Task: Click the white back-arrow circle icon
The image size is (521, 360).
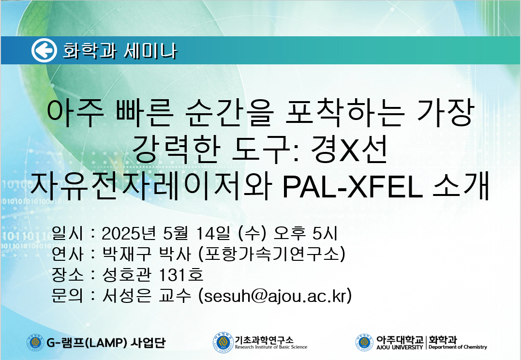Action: pyautogui.click(x=44, y=50)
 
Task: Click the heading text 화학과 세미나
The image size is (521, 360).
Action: pyautogui.click(x=120, y=51)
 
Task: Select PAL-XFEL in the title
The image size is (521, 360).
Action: pyautogui.click(x=352, y=187)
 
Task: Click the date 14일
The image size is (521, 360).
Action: pyautogui.click(x=213, y=233)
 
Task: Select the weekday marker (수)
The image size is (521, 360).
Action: pyautogui.click(x=252, y=233)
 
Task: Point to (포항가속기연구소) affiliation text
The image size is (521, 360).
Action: pyautogui.click(x=271, y=255)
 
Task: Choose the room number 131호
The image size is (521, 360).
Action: pyautogui.click(x=181, y=275)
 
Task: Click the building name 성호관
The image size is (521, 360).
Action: pyautogui.click(x=127, y=275)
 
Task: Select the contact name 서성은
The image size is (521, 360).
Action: pyautogui.click(x=127, y=296)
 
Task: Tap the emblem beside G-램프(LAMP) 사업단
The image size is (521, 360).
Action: pyautogui.click(x=35, y=343)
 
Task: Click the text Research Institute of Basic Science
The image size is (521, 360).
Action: pyautogui.click(x=271, y=347)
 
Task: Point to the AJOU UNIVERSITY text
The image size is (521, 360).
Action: pyautogui.click(x=400, y=347)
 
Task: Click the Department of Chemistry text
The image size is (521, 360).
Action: pyautogui.click(x=458, y=347)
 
